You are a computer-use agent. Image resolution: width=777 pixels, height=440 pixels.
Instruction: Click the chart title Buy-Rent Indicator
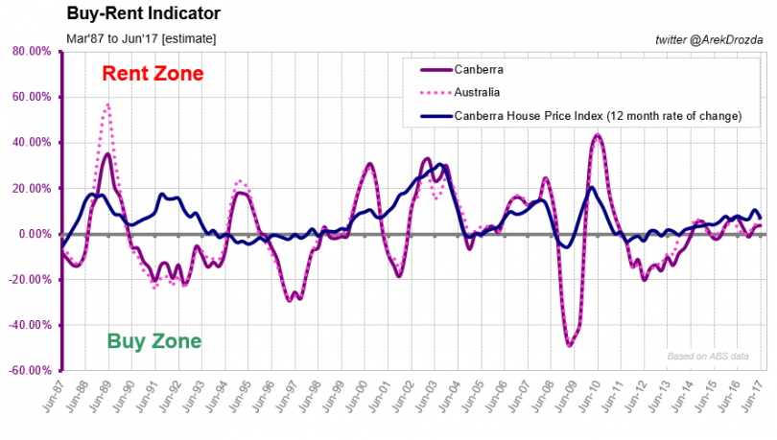coord(143,14)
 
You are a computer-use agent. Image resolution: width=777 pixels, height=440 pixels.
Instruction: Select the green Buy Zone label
coord(153,340)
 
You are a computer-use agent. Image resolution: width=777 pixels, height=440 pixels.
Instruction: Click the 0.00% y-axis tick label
coord(34,234)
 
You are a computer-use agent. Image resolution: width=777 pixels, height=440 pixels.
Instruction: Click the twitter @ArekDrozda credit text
coord(708,38)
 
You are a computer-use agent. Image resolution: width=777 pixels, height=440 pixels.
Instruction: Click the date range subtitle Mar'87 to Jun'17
coord(141,38)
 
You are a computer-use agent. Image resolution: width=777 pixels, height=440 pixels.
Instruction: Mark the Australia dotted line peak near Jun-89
coord(107,104)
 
